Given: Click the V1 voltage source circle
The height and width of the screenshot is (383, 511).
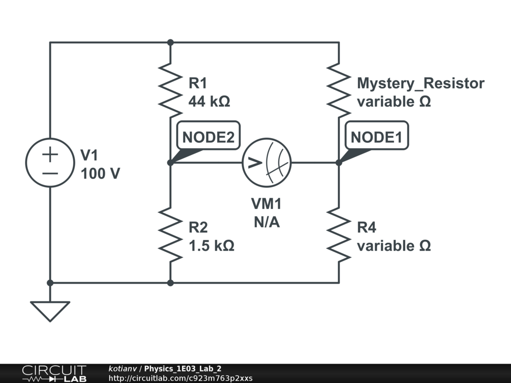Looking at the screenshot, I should pyautogui.click(x=50, y=163).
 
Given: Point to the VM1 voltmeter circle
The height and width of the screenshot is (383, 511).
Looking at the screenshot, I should pyautogui.click(x=266, y=163).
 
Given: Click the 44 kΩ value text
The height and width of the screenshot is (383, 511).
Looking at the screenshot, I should pyautogui.click(x=209, y=101).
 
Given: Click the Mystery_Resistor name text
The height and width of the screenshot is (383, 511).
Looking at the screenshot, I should pyautogui.click(x=420, y=83).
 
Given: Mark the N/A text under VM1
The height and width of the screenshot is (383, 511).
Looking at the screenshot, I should pyautogui.click(x=266, y=222).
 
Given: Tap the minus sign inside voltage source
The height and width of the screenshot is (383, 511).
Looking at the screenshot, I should pyautogui.click(x=50, y=173).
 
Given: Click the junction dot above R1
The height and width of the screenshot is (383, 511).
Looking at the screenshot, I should pyautogui.click(x=170, y=43).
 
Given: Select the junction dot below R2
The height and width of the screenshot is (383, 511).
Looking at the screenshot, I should pyautogui.click(x=170, y=283).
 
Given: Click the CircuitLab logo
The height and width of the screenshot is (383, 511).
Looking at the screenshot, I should pyautogui.click(x=54, y=374).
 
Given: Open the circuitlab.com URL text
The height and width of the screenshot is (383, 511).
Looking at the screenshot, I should pyautogui.click(x=180, y=378).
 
